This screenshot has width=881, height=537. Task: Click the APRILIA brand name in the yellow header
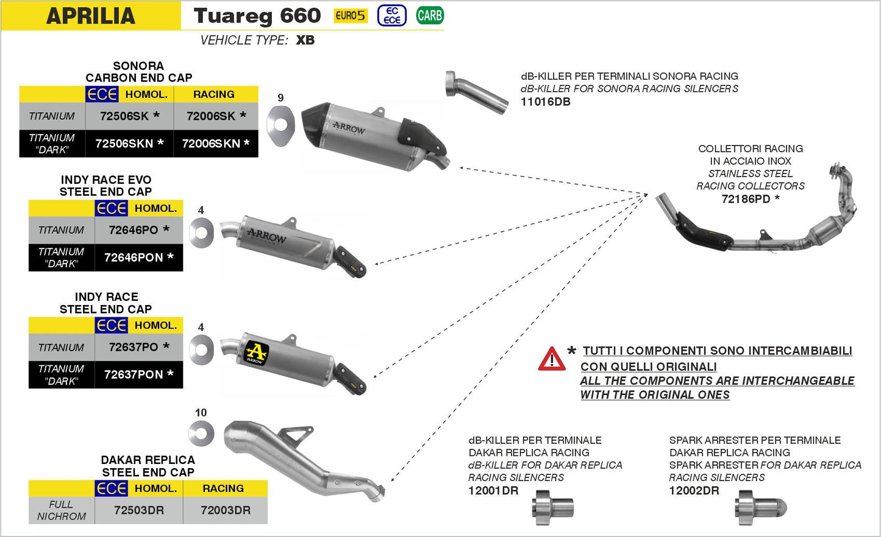(91, 16)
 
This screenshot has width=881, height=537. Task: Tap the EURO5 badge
(351, 16)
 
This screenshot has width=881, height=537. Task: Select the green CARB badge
(430, 16)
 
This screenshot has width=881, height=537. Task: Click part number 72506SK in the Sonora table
(124, 116)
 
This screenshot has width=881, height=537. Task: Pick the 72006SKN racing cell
(212, 144)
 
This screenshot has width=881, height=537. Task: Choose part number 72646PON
(134, 258)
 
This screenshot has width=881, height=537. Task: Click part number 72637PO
(134, 347)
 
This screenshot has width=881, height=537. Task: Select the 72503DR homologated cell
(139, 510)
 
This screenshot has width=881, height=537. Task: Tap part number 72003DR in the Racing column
(226, 510)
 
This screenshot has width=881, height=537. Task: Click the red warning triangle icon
(552, 359)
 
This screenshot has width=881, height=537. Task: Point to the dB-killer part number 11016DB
(546, 102)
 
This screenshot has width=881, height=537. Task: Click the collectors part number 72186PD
(746, 199)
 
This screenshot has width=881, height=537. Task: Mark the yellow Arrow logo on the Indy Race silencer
(256, 353)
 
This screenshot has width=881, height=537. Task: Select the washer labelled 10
(201, 433)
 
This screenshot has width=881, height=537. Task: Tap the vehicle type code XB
(305, 40)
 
